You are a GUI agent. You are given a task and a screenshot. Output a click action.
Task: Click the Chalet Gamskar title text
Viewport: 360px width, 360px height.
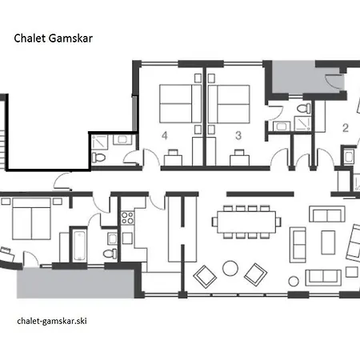53,38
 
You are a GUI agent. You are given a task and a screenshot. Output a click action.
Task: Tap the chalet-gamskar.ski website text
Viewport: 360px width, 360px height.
52,321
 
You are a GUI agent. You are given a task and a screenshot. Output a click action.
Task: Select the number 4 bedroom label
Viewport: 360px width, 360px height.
165,135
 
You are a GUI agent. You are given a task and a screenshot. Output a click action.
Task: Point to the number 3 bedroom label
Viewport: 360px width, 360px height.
238,135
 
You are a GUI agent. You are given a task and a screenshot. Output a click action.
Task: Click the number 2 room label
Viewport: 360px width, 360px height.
346,128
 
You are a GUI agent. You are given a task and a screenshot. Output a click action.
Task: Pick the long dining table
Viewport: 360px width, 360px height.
246,222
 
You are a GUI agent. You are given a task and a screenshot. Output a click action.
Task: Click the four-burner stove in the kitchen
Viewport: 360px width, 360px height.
127,218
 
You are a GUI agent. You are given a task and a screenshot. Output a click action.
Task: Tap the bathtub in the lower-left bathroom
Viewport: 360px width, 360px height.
79,246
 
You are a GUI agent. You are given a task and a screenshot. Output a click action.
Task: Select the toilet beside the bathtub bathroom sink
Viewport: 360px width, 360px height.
110,254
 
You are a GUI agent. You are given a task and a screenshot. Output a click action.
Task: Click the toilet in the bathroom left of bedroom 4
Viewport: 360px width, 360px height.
98,157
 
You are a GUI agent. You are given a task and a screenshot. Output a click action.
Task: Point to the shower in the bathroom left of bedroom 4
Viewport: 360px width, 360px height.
99,142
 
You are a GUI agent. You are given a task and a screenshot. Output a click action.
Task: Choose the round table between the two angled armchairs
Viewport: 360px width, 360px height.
230,268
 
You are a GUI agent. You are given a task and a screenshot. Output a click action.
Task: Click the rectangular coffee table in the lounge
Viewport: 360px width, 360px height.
328,242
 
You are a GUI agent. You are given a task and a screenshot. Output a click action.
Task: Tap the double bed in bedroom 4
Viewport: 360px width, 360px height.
180,104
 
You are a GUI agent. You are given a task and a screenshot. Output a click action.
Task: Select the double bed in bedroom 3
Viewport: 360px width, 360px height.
229,104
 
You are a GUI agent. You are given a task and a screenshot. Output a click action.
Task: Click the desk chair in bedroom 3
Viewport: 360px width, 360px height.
239,152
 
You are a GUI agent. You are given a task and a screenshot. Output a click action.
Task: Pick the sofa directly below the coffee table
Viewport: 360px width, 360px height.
323,278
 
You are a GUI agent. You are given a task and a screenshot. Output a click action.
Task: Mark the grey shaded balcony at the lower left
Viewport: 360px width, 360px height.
75,283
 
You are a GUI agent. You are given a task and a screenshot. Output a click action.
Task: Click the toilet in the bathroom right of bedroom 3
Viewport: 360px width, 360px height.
304,109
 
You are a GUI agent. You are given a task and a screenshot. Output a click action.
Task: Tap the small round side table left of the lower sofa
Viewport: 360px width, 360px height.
294,282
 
